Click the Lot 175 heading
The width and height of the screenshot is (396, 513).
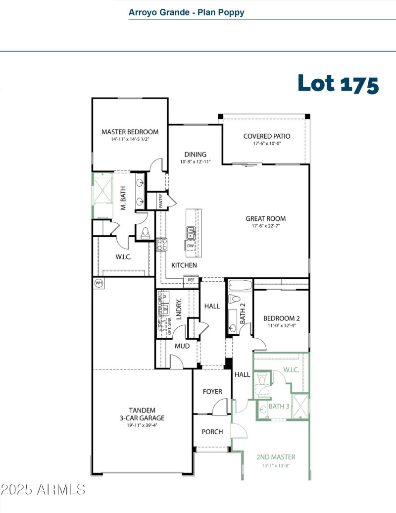pos(338,84)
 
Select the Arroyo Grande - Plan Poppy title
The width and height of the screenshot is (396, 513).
pos(186,12)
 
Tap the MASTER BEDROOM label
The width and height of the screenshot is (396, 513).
pos(130,132)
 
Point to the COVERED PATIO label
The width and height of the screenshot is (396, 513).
pos(266,136)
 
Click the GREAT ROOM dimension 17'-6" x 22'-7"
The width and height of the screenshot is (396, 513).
pos(265,226)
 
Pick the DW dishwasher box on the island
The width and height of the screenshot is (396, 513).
pos(191,246)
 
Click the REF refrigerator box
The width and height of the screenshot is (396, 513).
pos(191,280)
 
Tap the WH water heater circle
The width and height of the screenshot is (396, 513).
pos(99,283)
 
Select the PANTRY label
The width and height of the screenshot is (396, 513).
pos(161,201)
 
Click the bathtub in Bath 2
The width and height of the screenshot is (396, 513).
pos(240,285)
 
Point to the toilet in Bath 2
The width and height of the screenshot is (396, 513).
pos(235,299)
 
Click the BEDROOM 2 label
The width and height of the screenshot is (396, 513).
pos(281,318)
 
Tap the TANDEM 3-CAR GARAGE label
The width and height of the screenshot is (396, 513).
pos(142,414)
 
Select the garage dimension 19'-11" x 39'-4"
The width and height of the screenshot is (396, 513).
pos(142,425)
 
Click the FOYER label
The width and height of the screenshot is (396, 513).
pos(212,392)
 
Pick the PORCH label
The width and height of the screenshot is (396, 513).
pos(212,432)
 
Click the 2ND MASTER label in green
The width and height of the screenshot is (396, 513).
pos(276,457)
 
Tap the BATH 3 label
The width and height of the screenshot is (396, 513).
pos(279,407)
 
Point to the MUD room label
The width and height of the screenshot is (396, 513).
pos(182,346)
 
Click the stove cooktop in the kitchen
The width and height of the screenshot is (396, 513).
pos(162,244)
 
